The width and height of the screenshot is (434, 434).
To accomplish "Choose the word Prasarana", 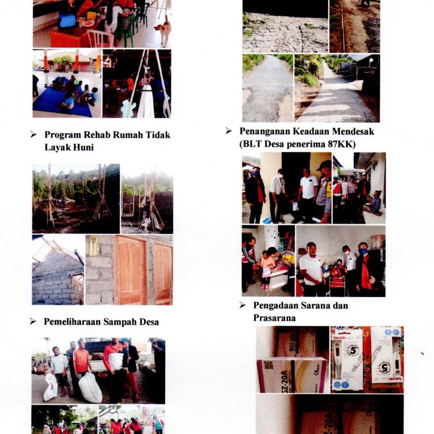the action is pyautogui.click(x=274, y=318).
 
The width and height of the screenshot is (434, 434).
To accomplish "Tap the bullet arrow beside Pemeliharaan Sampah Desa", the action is pyautogui.click(x=33, y=322).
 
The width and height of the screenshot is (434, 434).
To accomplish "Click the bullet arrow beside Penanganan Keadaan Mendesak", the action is pyautogui.click(x=228, y=131).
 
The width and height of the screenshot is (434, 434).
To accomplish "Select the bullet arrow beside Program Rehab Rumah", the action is pyautogui.click(x=33, y=135).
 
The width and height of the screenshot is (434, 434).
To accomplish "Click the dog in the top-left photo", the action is pyautogui.click(x=163, y=30).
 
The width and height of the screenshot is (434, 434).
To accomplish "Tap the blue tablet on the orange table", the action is pyautogui.click(x=67, y=22).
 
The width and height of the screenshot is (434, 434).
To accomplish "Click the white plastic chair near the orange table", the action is pyautogui.click(x=100, y=39).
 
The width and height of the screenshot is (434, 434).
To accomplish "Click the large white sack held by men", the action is pyautogui.click(x=90, y=388).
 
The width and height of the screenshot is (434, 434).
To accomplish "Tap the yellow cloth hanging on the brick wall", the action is pyautogui.click(x=94, y=246).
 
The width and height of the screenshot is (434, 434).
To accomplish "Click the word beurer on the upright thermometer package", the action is pyautogui.click(x=340, y=338).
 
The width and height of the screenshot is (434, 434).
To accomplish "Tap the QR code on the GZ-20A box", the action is pyautogui.click(x=268, y=365).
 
